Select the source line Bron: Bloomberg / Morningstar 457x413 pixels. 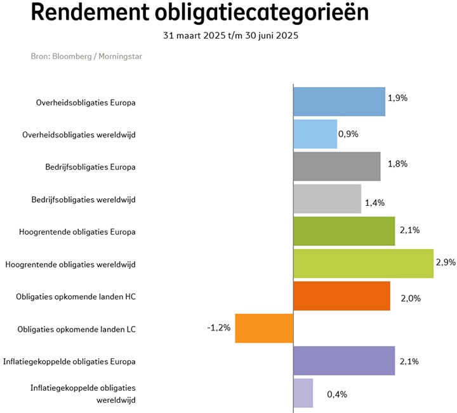[x=87, y=57]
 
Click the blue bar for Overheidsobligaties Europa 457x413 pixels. [x=339, y=102]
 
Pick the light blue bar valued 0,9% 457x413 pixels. [x=315, y=134]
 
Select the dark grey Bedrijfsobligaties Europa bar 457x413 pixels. [x=336, y=166]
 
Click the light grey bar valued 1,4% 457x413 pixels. [x=327, y=199]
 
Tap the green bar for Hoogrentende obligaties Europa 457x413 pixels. [x=344, y=231]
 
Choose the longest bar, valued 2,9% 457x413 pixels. [x=363, y=264]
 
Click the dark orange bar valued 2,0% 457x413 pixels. [x=341, y=296]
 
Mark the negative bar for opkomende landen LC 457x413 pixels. [x=264, y=328]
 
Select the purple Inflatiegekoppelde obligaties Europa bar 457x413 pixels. [x=344, y=361]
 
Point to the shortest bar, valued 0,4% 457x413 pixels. [x=303, y=393]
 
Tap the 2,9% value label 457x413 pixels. [x=446, y=261]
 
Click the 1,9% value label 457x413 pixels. [x=397, y=98]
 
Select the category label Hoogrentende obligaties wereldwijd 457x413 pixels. [x=70, y=264]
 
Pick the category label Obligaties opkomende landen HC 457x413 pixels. [x=76, y=297]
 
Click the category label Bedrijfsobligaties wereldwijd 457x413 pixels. [x=84, y=200]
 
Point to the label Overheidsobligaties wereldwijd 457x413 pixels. [x=79, y=135]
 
